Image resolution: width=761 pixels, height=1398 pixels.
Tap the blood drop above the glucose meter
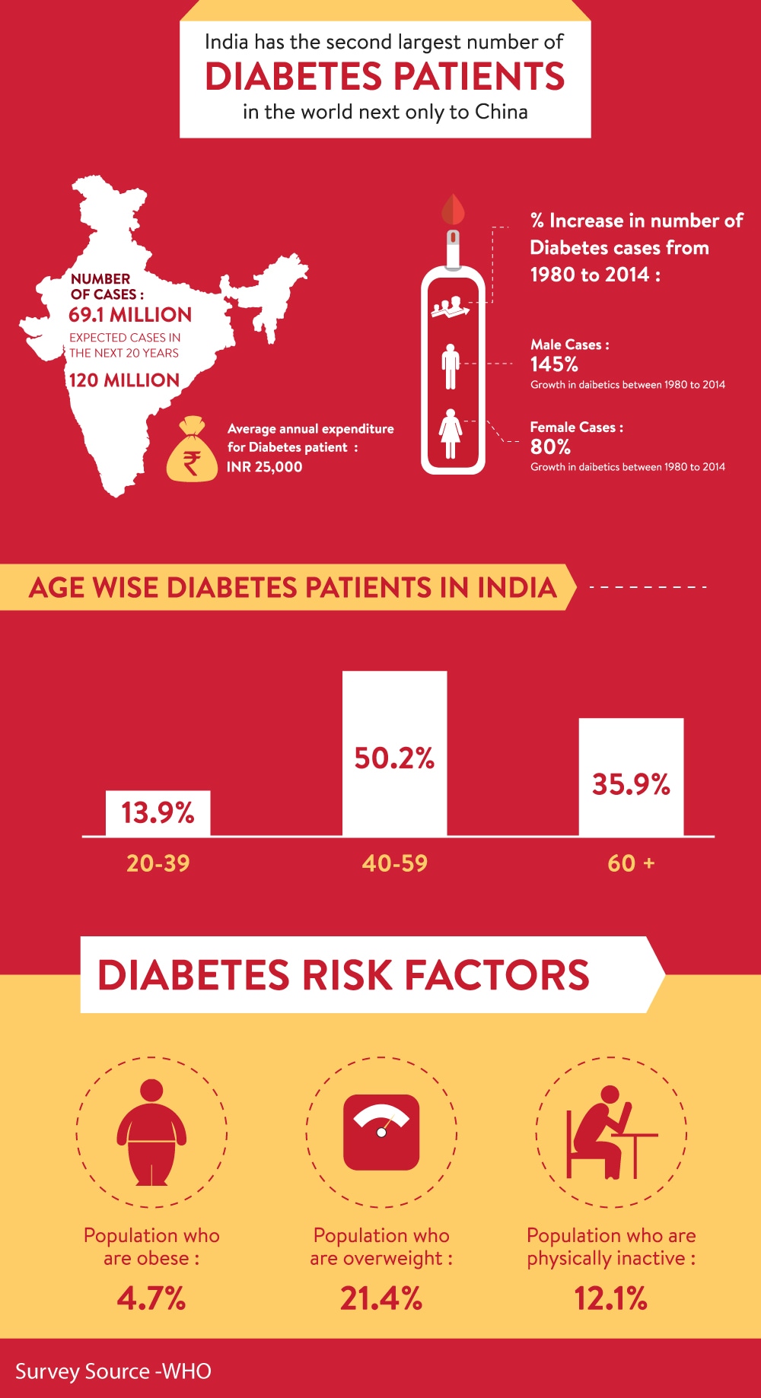coord(453,208)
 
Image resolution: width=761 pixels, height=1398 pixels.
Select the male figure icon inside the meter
coord(451,367)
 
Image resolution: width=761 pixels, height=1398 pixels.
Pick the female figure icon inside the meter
coord(451,434)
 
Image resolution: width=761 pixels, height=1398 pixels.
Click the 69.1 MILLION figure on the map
coord(130,315)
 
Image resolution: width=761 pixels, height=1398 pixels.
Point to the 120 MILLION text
coord(124,380)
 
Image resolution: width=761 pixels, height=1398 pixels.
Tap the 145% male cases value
coord(554,364)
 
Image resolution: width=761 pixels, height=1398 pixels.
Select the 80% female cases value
coord(550,446)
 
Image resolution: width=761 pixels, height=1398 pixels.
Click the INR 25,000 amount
coord(265,467)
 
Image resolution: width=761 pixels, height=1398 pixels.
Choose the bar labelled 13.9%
coord(158,813)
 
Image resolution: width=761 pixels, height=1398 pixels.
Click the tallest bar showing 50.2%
coord(394,753)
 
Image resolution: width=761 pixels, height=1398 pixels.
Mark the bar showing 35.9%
coord(631,777)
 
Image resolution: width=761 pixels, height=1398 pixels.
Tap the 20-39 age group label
coord(158,863)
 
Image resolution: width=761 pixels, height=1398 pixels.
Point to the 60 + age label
coord(631,863)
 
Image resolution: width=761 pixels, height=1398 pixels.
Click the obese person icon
coord(151,1132)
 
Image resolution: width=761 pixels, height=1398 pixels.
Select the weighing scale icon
coord(381,1132)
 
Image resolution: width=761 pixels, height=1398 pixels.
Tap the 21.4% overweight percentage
coord(381,1298)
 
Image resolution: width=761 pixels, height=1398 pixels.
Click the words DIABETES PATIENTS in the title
coord(385,77)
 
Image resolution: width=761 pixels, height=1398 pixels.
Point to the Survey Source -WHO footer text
coord(113,1371)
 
